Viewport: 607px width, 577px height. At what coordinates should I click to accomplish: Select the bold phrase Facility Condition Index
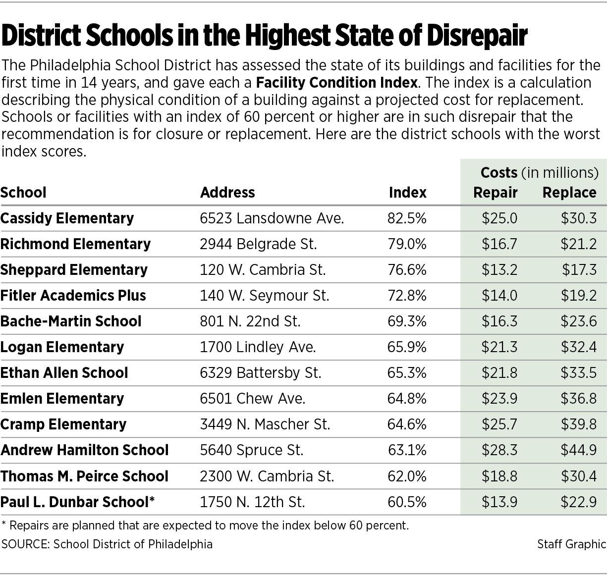(x=337, y=82)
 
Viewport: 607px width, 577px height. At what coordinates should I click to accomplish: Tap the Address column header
(x=227, y=192)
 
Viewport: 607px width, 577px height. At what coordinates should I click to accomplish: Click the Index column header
(x=407, y=192)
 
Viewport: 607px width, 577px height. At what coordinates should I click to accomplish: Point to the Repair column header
(x=495, y=192)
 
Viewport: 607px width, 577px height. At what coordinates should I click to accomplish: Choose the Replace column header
(x=569, y=192)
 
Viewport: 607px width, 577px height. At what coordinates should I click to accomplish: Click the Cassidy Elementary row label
(x=67, y=218)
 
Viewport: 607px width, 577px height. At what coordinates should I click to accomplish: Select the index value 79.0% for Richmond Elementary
(x=407, y=244)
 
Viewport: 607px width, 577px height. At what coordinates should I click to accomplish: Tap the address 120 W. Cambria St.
(x=263, y=270)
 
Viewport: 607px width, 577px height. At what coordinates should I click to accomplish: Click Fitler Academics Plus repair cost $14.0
(x=499, y=296)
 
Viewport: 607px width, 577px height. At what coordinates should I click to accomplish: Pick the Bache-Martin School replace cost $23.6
(x=578, y=321)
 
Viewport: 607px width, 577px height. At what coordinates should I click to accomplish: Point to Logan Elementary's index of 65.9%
(x=407, y=347)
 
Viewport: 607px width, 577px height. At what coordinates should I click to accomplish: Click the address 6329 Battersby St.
(x=261, y=373)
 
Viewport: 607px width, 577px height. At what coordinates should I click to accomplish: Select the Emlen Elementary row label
(x=62, y=399)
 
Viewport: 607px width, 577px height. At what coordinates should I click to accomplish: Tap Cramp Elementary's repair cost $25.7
(x=499, y=424)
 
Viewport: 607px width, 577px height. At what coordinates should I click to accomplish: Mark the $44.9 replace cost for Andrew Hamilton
(x=578, y=450)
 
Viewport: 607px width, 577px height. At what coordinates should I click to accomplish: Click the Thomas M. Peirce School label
(x=84, y=476)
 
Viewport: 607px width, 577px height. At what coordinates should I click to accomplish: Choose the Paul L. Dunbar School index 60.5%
(x=407, y=502)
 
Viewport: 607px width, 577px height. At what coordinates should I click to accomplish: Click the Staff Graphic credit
(x=571, y=544)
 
